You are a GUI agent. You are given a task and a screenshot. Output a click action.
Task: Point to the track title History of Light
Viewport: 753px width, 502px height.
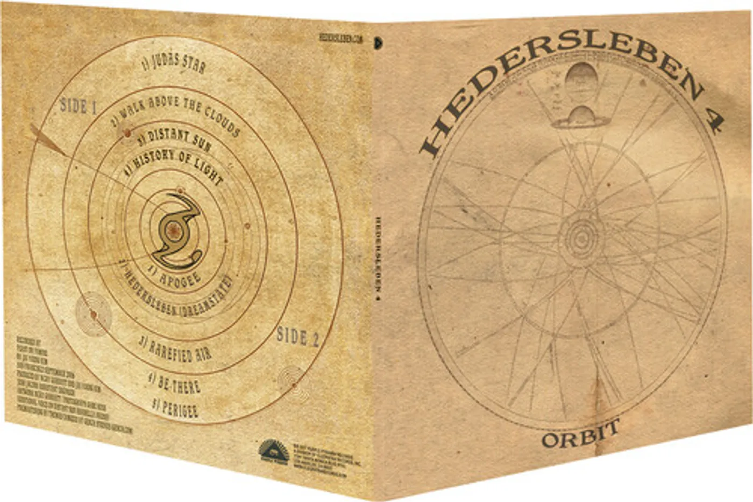pos(173,165)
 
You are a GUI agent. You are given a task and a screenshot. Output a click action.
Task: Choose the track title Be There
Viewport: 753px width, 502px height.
pos(175,383)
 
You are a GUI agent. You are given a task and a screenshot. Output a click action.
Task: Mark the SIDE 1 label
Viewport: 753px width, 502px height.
pos(79,106)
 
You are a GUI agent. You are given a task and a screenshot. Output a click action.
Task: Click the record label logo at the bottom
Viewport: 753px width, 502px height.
pos(274,452)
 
